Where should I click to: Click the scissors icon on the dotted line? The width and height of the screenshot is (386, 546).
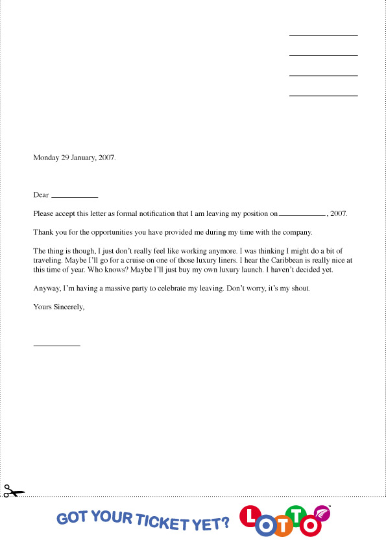(12, 492)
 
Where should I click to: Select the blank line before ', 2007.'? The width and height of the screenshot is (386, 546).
(302, 213)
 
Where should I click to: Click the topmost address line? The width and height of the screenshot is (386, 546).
(323, 35)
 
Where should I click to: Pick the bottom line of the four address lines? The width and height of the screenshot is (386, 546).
(323, 96)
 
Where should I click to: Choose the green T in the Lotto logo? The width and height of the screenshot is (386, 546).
(296, 516)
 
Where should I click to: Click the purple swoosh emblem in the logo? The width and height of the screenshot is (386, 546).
(323, 514)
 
